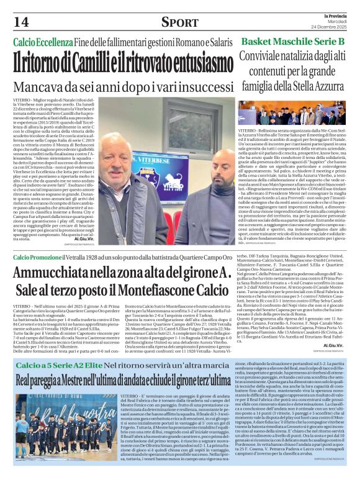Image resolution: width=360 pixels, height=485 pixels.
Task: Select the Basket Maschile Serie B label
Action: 292,41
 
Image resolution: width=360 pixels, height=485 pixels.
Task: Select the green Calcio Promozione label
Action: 40,256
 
